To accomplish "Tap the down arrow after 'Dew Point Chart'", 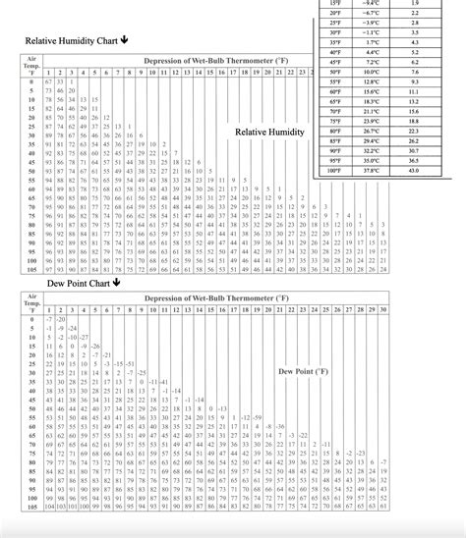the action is (116, 281).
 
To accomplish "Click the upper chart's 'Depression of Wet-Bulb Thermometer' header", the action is (216, 62).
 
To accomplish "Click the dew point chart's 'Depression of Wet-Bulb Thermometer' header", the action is (216, 297).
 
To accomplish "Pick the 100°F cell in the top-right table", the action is (336, 170).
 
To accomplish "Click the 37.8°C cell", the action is (371, 170).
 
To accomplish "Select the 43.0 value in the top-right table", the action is (414, 170).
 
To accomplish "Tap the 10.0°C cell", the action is (371, 73).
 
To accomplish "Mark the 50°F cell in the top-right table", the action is (336, 73).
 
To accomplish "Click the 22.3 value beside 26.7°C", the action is (414, 131).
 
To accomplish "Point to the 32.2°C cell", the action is (371, 150).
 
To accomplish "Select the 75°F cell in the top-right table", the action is (336, 121).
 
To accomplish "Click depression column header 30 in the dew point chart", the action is (382, 309).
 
